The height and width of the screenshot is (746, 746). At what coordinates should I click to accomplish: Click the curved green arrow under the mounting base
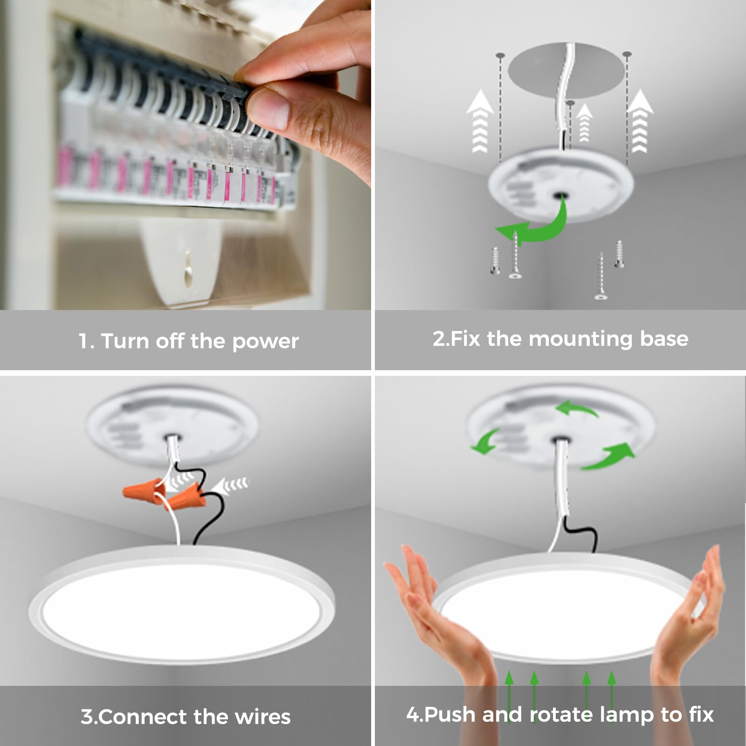coord(536,224)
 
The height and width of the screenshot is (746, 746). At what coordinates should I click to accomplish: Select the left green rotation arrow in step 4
coord(485,441)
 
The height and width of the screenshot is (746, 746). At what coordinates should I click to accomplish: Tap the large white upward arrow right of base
coord(640,121)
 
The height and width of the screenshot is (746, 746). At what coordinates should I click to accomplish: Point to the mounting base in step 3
coord(172,426)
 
